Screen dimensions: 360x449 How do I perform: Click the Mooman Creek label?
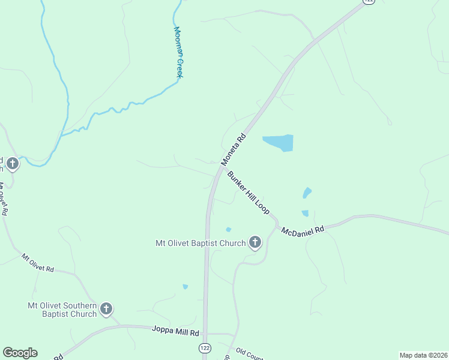point(178,52)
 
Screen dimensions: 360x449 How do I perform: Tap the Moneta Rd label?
point(234,149)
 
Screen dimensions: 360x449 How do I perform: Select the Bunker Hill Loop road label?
point(249,193)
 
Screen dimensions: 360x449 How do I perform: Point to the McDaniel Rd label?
point(303,231)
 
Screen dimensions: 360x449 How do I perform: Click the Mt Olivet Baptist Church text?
point(200,243)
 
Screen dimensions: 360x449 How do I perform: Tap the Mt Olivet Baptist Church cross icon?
point(255,242)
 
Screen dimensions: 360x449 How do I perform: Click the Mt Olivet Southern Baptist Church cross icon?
point(106,309)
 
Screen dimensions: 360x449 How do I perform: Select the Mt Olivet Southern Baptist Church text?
point(62,309)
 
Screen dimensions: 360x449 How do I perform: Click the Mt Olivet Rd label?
point(37,263)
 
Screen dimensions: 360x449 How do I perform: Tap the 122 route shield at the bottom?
point(205,348)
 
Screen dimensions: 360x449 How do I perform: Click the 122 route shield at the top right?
point(368,2)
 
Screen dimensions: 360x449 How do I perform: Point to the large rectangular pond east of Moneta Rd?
point(279,143)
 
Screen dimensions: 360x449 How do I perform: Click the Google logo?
point(20,353)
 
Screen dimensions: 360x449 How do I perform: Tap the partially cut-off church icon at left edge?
point(11,163)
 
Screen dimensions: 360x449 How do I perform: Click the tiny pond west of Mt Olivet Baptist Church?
point(228,229)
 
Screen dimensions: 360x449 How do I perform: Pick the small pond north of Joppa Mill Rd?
point(185,287)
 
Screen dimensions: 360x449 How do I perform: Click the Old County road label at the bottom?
point(249,355)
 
